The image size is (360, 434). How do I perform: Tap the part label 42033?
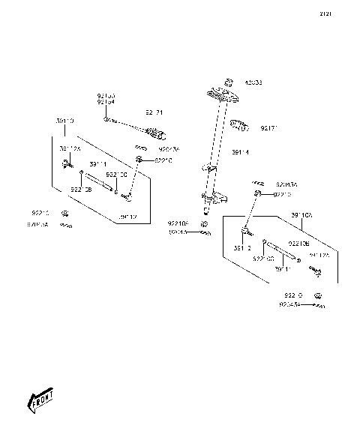(253, 82)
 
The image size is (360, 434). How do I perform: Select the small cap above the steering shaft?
(230, 82)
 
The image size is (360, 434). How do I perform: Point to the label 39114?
(240, 152)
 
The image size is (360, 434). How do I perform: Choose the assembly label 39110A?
(302, 215)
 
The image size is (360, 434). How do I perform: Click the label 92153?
(106, 96)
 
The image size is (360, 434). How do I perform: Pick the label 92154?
(106, 103)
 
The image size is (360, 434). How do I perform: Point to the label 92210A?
(178, 223)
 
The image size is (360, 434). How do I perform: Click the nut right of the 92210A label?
(203, 223)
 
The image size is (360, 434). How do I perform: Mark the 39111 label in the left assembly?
(97, 163)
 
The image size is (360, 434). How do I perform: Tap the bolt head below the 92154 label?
(109, 119)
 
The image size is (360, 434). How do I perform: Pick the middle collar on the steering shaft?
(211, 171)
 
